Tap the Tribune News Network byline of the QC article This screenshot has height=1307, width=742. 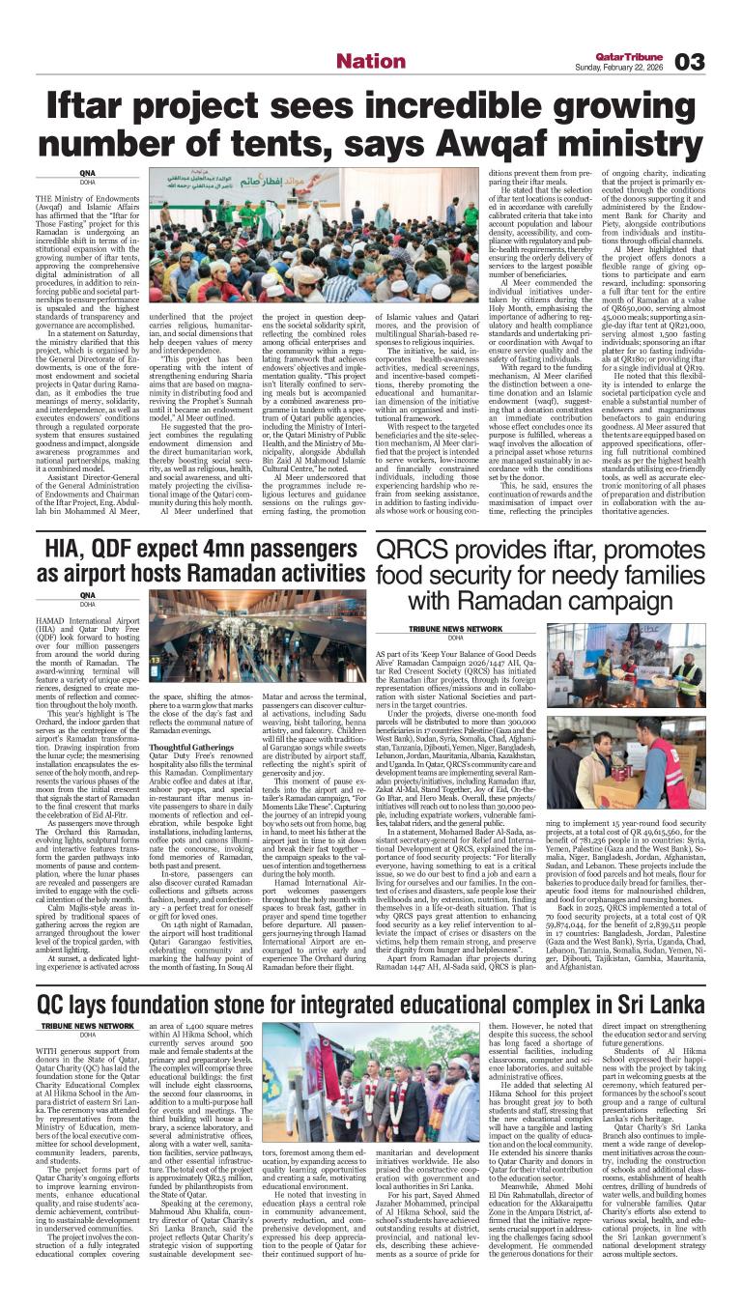[88, 1026]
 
